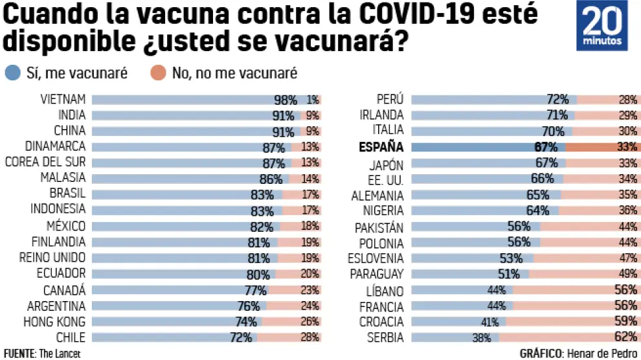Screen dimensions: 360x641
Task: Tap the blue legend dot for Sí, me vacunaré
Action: [x=12, y=73]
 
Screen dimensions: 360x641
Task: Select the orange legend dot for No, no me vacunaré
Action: [x=158, y=73]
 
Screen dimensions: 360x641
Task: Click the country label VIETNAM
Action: [x=63, y=100]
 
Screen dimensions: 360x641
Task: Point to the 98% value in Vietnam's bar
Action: [x=285, y=100]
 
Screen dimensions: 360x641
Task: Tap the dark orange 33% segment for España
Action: [x=602, y=147]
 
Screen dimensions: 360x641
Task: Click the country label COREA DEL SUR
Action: [x=45, y=163]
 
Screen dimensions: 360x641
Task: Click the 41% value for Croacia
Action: [x=489, y=322]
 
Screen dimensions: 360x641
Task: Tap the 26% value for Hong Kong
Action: [x=309, y=322]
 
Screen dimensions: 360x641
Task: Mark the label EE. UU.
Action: [x=387, y=179]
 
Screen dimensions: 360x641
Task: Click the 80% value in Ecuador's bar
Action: [x=262, y=274]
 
